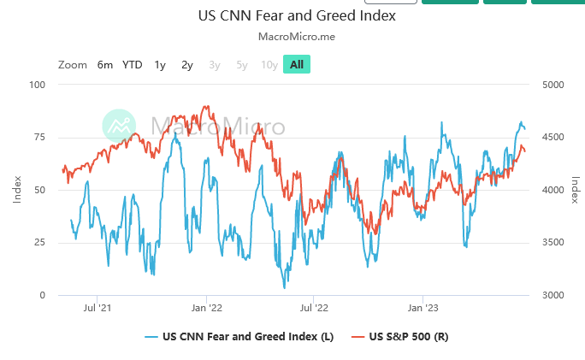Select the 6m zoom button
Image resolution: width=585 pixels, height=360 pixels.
(105, 64)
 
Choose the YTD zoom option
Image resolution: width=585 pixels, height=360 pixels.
(133, 64)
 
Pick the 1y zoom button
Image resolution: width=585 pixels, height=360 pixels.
(160, 64)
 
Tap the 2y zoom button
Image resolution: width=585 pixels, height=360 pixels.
(187, 64)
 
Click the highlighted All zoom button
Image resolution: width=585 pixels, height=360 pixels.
(297, 64)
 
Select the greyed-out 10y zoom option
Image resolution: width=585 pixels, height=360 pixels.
(269, 64)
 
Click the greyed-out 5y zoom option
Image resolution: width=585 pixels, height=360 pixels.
(242, 64)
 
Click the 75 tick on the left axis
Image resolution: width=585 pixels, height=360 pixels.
(39, 137)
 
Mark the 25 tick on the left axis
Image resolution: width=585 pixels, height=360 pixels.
(39, 243)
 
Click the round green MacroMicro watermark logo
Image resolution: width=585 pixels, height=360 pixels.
(120, 126)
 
